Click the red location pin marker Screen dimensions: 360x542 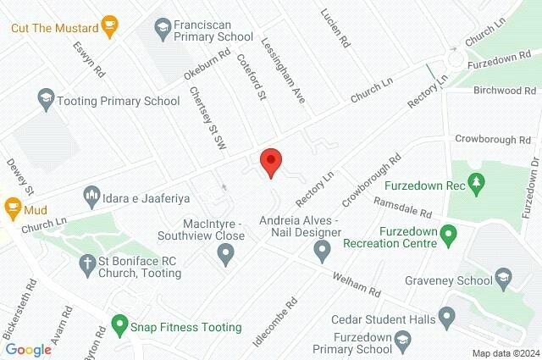270,161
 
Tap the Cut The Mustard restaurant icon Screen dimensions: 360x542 108,26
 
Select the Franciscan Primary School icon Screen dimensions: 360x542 161,30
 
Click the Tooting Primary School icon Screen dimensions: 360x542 46,100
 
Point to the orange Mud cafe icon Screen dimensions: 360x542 13,205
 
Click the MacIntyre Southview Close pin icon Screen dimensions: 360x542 225,252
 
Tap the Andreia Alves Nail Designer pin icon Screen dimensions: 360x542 322,250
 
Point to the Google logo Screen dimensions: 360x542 29,350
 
